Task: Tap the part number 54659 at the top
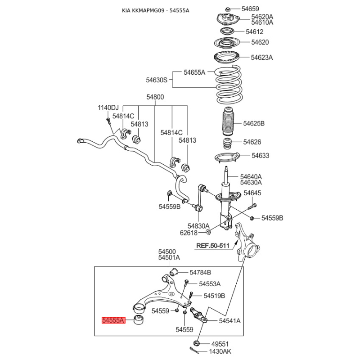coord(250,9)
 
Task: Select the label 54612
coord(254,32)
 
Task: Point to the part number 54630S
coord(156,80)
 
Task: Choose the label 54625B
coord(254,123)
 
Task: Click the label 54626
coord(252,142)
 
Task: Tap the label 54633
coord(260,156)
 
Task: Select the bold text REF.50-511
coord(213,246)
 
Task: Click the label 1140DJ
coord(108,108)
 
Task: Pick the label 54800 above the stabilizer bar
coord(155,97)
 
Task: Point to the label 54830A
coord(198,226)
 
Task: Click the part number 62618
coord(189,233)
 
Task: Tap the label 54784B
coord(200,272)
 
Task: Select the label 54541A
coord(230,321)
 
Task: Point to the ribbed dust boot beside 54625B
coord(227,123)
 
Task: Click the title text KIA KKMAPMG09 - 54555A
coord(156,10)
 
